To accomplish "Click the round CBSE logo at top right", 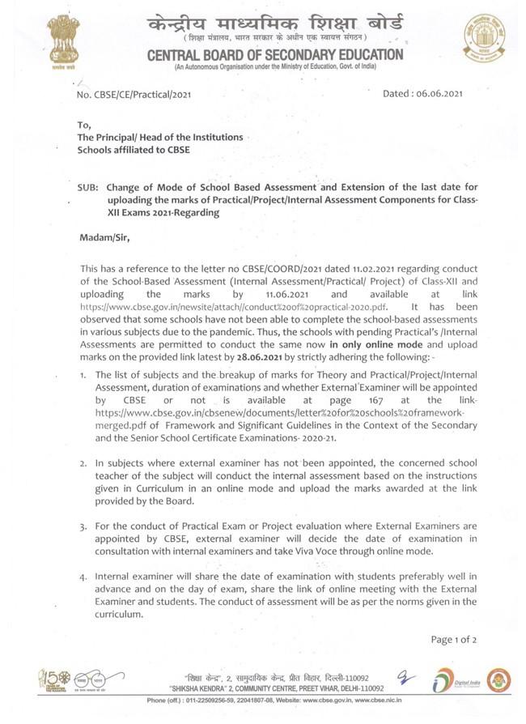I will [483, 38].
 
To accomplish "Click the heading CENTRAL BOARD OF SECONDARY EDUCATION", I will [274, 54].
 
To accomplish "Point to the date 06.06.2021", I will [439, 94].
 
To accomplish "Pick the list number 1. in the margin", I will [83, 375].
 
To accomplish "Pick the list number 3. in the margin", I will [83, 526].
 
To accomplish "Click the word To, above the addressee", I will [85, 125].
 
